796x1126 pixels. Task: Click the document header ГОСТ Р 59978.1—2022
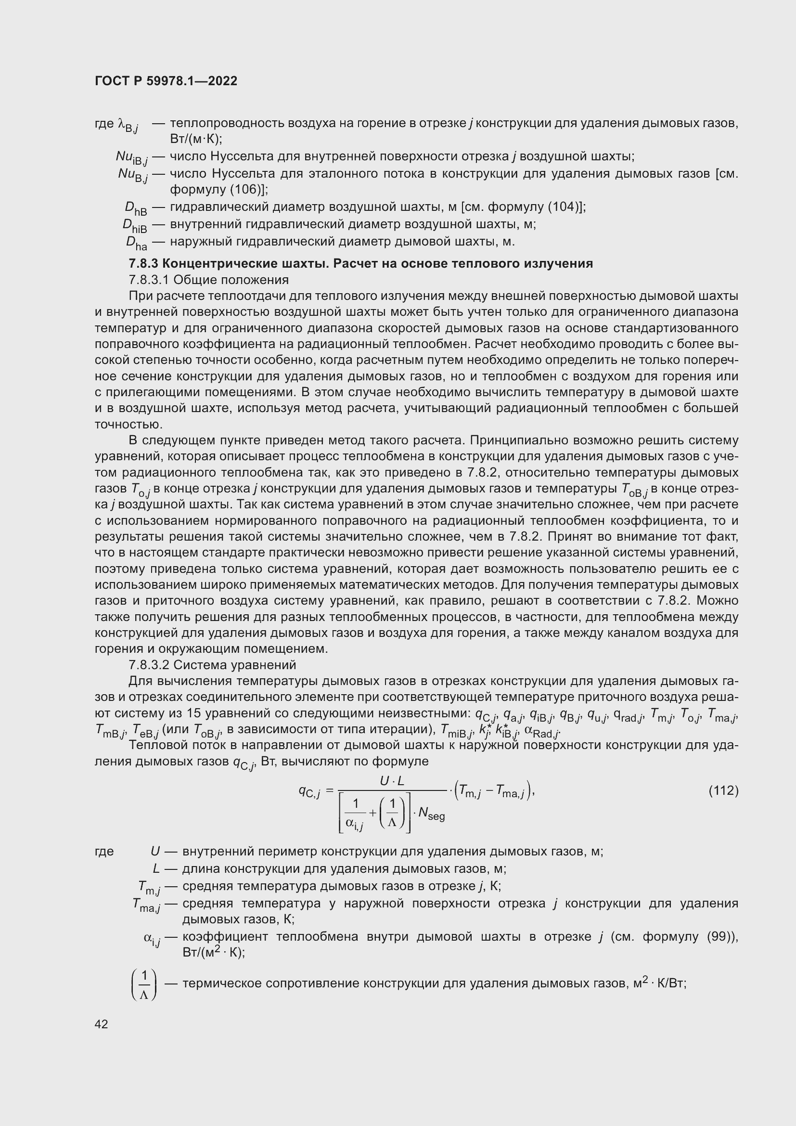[x=166, y=81]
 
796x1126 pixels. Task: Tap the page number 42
[x=102, y=1024]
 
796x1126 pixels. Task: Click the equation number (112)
[x=723, y=790]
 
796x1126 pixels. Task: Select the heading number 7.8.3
[x=143, y=264]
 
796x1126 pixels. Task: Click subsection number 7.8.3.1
[x=149, y=280]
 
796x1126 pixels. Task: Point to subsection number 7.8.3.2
[x=149, y=665]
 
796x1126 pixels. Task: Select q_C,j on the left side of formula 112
[x=309, y=791]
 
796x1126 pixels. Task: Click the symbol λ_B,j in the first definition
[x=128, y=125]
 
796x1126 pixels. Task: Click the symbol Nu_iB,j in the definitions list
[x=131, y=157]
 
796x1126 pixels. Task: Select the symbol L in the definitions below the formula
[x=156, y=869]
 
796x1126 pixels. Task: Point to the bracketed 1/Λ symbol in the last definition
[x=144, y=984]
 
